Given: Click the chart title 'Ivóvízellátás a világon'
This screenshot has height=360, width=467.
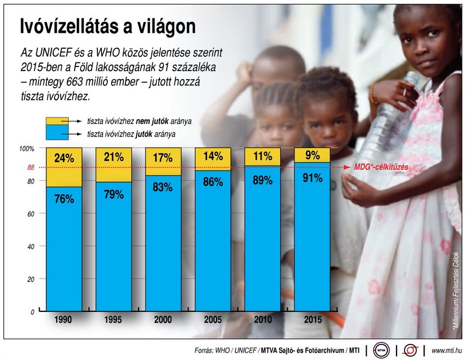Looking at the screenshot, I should (x=108, y=26).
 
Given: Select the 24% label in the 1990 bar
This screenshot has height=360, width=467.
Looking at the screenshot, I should (x=64, y=159).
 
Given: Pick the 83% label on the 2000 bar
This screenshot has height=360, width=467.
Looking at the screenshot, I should (x=163, y=187).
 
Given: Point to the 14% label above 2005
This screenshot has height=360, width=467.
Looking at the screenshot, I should (x=213, y=156).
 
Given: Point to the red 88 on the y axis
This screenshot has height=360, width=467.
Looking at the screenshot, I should (x=31, y=168).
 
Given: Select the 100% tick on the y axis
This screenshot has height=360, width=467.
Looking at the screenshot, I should (x=28, y=149).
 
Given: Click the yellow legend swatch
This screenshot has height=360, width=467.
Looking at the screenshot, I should (x=57, y=122).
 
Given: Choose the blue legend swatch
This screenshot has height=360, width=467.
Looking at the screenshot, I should (x=57, y=134).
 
